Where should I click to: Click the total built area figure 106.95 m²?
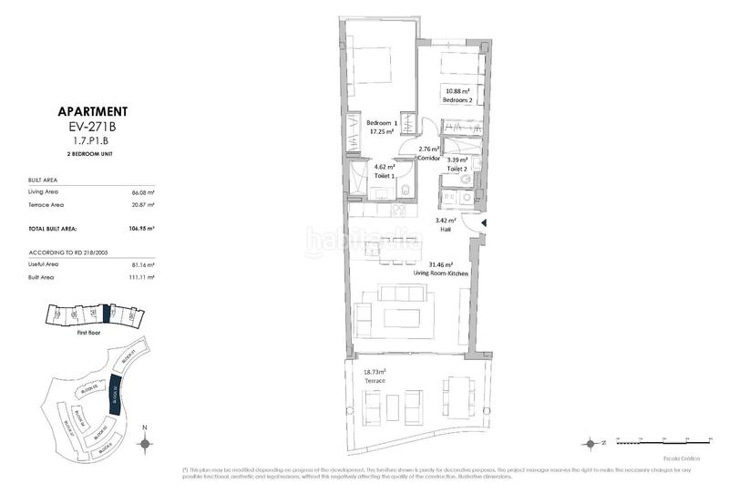[140, 228]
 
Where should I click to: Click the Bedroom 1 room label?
[382, 123]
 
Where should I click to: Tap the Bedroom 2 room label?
[458, 100]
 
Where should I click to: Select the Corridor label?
[428, 158]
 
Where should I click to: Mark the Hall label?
[447, 231]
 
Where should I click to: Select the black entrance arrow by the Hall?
[484, 222]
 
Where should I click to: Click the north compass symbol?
[145, 443]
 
